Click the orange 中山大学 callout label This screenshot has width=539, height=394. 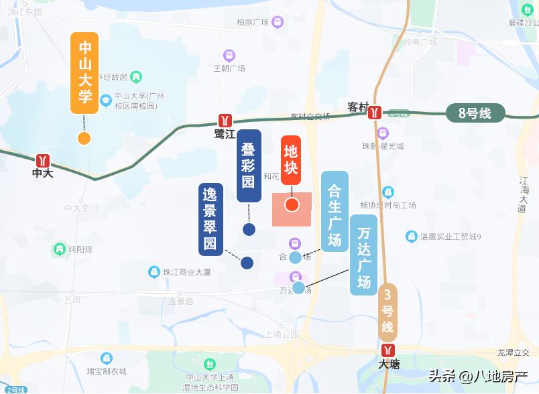pyautogui.click(x=84, y=72)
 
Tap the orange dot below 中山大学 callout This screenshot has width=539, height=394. pyautogui.click(x=84, y=139)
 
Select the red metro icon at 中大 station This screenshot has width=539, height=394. pyautogui.click(x=44, y=161)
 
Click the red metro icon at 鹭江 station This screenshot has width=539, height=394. pyautogui.click(x=225, y=120)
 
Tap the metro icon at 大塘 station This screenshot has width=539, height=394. pyautogui.click(x=388, y=350)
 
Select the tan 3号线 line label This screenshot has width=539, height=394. pyautogui.click(x=387, y=312)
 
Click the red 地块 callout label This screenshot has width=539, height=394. pyautogui.click(x=291, y=159)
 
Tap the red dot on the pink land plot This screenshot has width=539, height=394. pyautogui.click(x=292, y=204)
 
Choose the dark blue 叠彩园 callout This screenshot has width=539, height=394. pyautogui.click(x=249, y=166)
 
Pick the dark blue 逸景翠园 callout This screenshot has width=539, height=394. pyautogui.click(x=211, y=219)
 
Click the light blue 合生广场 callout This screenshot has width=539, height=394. pyautogui.click(x=335, y=211)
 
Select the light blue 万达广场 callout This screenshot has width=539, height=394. pyautogui.click(x=364, y=255)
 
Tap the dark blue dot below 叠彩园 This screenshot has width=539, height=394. pyautogui.click(x=249, y=230)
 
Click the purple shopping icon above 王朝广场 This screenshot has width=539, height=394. pyautogui.click(x=229, y=55)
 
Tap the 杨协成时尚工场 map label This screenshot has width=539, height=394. pyautogui.click(x=388, y=205)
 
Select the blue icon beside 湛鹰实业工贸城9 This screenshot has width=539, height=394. pyautogui.click(x=412, y=237)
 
